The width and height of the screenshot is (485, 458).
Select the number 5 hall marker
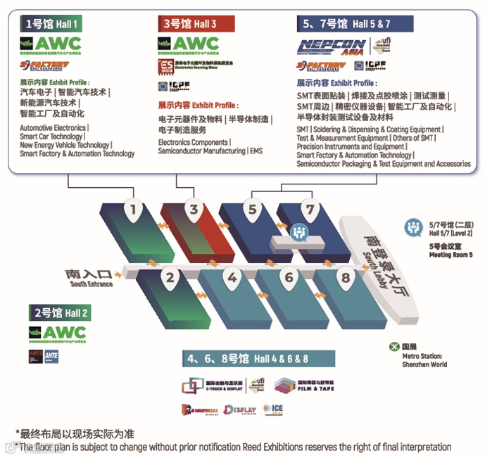pyautogui.click(x=253, y=208)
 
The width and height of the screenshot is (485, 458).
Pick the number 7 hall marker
pyautogui.click(x=309, y=208)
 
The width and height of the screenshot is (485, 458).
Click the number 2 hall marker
pyautogui.click(x=170, y=276)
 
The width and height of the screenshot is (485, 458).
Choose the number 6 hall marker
pyautogui.click(x=289, y=276)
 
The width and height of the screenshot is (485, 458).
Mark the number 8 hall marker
pyautogui.click(x=345, y=276)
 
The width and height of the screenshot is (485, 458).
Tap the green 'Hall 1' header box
pyautogui.click(x=53, y=24)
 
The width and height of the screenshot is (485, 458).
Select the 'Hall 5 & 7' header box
pyautogui.click(x=345, y=24)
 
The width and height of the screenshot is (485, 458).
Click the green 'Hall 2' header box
pyautogui.click(x=61, y=312)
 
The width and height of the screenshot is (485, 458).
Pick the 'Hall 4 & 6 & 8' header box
pyautogui.click(x=246, y=359)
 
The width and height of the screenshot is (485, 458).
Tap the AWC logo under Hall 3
pyautogui.click(x=188, y=45)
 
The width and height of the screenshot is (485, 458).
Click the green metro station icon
pyautogui.click(x=393, y=345)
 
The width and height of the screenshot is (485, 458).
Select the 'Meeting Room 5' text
pyautogui.click(x=451, y=255)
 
